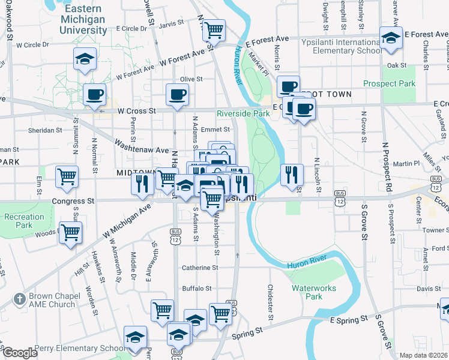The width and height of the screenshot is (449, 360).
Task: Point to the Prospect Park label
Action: click(x=389, y=83)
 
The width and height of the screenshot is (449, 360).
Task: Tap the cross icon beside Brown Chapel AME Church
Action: click(x=19, y=298)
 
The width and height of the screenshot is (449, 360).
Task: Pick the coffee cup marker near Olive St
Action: click(x=178, y=94)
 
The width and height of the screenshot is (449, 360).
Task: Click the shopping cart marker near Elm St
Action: click(x=67, y=176)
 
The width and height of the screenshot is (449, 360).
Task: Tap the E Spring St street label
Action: click(x=348, y=322)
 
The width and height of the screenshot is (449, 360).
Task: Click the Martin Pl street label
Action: click(x=407, y=163)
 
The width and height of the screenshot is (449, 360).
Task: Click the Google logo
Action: click(x=19, y=353)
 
